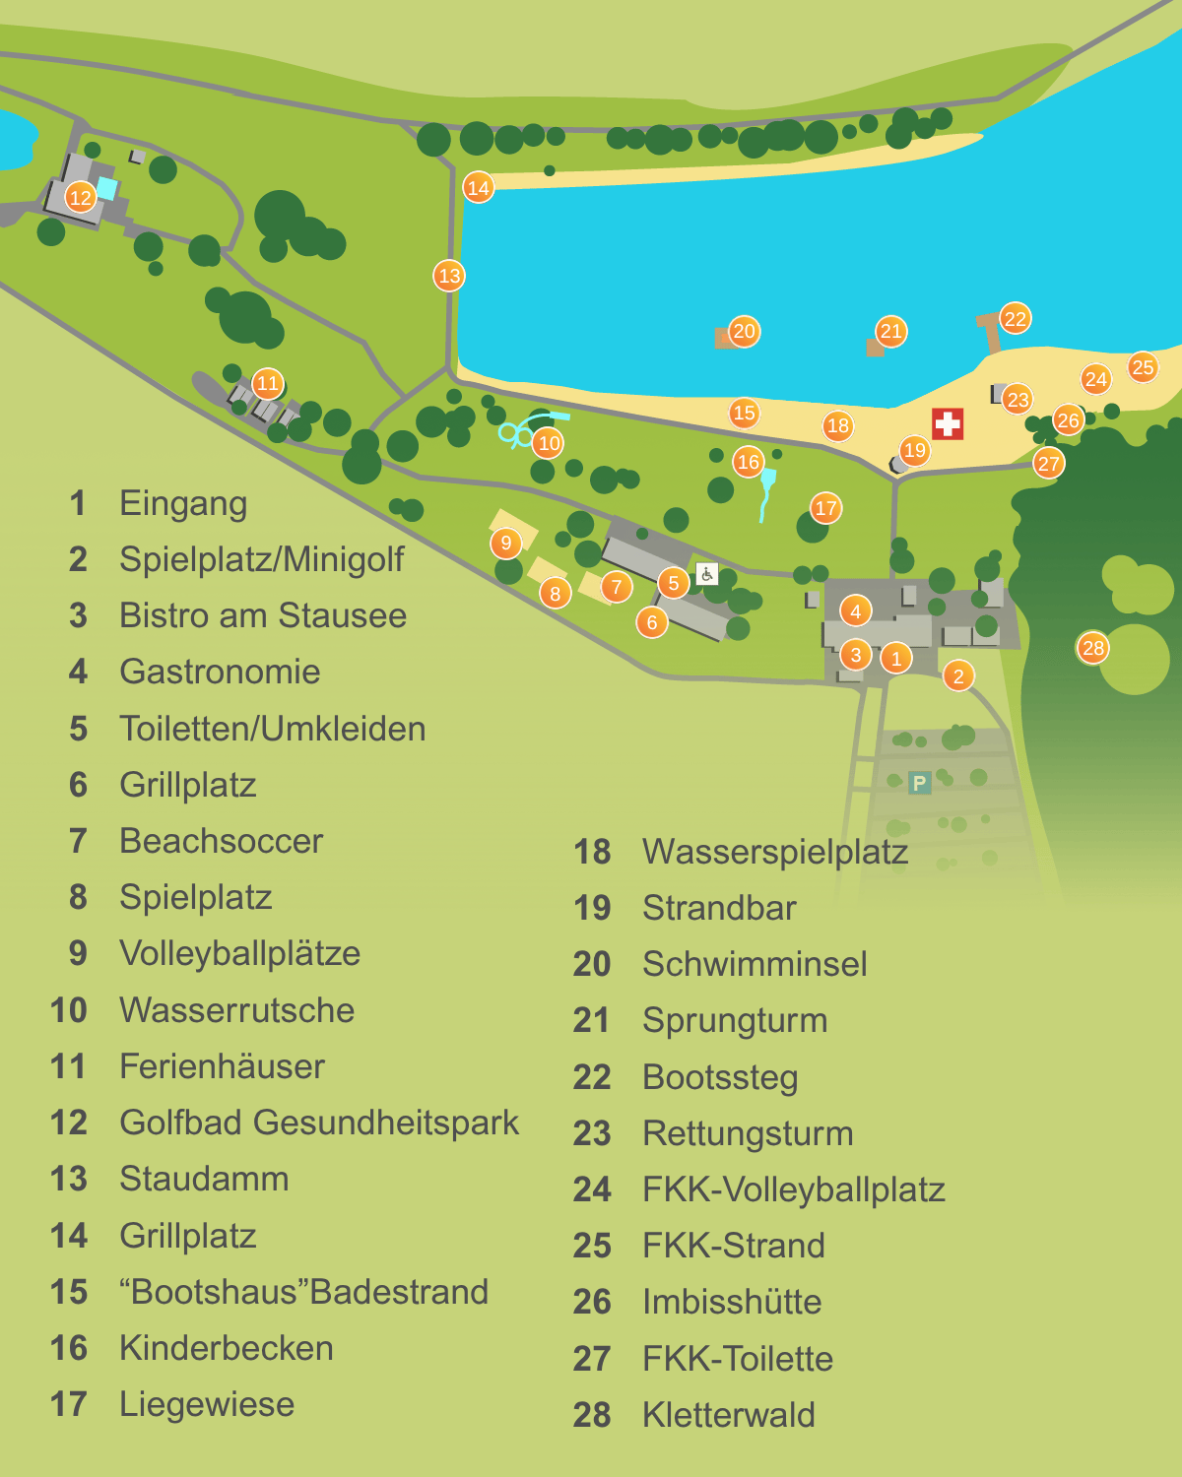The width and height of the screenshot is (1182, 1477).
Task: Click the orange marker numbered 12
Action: [81, 197]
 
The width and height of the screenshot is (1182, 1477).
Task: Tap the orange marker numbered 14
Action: [479, 187]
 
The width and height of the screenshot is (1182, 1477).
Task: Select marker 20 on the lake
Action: [745, 331]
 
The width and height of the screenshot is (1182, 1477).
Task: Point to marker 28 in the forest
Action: [1092, 648]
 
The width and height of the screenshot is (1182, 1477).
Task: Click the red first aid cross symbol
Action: [948, 424]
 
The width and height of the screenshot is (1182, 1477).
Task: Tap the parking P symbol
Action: [919, 783]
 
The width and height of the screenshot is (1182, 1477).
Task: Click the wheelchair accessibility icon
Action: [706, 574]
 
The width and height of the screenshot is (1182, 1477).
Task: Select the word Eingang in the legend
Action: [183, 503]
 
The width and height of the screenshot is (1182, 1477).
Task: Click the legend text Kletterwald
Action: [728, 1415]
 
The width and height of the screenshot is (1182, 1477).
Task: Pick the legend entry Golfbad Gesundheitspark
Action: [318, 1123]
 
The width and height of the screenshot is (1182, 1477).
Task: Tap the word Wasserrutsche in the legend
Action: [236, 1010]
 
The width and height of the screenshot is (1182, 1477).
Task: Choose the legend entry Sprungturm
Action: [734, 1020]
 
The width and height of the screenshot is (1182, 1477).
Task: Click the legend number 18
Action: [592, 852]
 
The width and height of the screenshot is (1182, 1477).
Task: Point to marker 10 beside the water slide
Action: [550, 443]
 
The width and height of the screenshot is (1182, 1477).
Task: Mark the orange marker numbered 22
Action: [1016, 318]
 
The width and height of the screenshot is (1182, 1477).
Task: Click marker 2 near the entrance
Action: [958, 675]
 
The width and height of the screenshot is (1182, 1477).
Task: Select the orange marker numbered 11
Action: [268, 383]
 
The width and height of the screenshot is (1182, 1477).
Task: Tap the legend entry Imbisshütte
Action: [731, 1302]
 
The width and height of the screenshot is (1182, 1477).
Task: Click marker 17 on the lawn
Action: [825, 508]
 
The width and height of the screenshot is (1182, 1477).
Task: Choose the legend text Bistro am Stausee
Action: [263, 615]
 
